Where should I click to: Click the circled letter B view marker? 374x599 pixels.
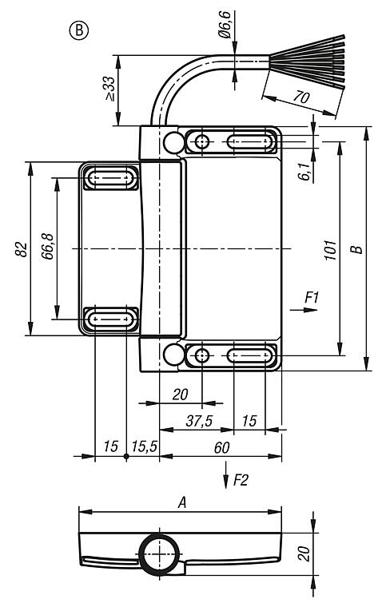click(79, 30)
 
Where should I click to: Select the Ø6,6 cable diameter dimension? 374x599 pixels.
click(225, 25)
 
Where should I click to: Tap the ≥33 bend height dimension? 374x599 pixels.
click(109, 89)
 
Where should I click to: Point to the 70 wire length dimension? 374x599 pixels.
click(301, 97)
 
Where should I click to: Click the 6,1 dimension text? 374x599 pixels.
click(304, 170)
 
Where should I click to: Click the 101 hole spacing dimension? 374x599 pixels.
click(331, 250)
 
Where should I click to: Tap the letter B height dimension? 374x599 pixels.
click(356, 249)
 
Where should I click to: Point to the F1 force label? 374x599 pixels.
click(312, 297)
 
